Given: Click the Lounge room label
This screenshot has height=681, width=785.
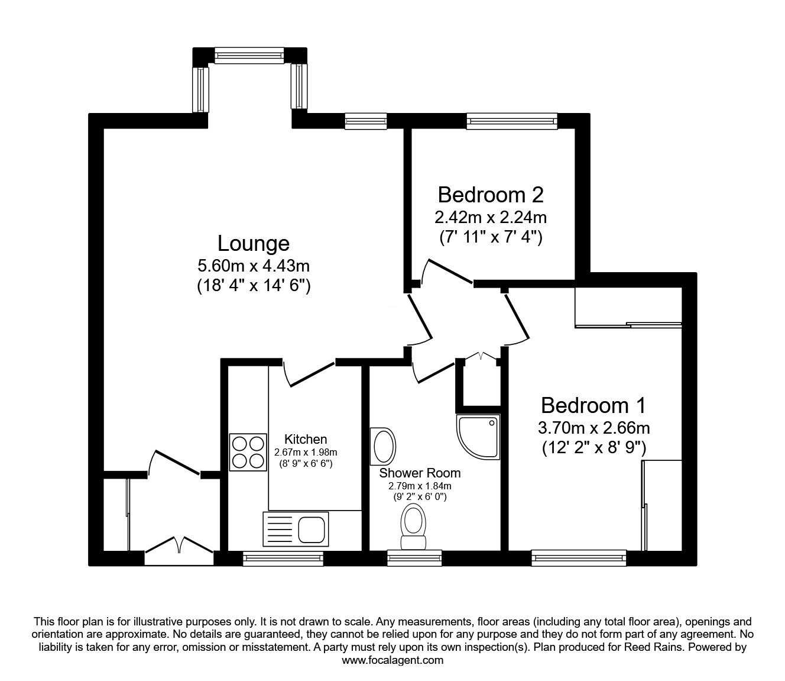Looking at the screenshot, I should pyautogui.click(x=254, y=243).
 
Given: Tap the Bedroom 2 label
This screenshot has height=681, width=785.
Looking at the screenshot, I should pyautogui.click(x=490, y=194).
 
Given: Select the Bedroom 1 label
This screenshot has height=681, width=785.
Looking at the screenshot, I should pyautogui.click(x=593, y=405).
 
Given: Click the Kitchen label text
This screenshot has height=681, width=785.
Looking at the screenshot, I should pyautogui.click(x=306, y=439).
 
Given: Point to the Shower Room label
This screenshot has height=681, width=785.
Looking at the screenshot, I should pyautogui.click(x=420, y=473).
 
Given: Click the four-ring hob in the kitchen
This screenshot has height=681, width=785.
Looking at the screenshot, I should pyautogui.click(x=248, y=453).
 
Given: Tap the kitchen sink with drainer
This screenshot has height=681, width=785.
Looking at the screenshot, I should pyautogui.click(x=293, y=528).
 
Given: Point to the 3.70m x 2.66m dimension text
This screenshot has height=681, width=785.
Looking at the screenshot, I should pyautogui.click(x=594, y=428).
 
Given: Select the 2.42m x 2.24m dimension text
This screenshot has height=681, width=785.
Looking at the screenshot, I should pyautogui.click(x=490, y=217).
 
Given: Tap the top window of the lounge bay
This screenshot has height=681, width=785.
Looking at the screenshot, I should pyautogui.click(x=250, y=56).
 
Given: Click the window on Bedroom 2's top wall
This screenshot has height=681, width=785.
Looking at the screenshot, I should pyautogui.click(x=511, y=121).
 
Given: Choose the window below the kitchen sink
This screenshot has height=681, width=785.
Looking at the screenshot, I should pyautogui.click(x=283, y=557).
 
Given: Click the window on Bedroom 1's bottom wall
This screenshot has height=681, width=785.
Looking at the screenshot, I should pyautogui.click(x=578, y=557).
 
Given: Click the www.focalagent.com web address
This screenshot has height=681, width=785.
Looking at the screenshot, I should pyautogui.click(x=392, y=660).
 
